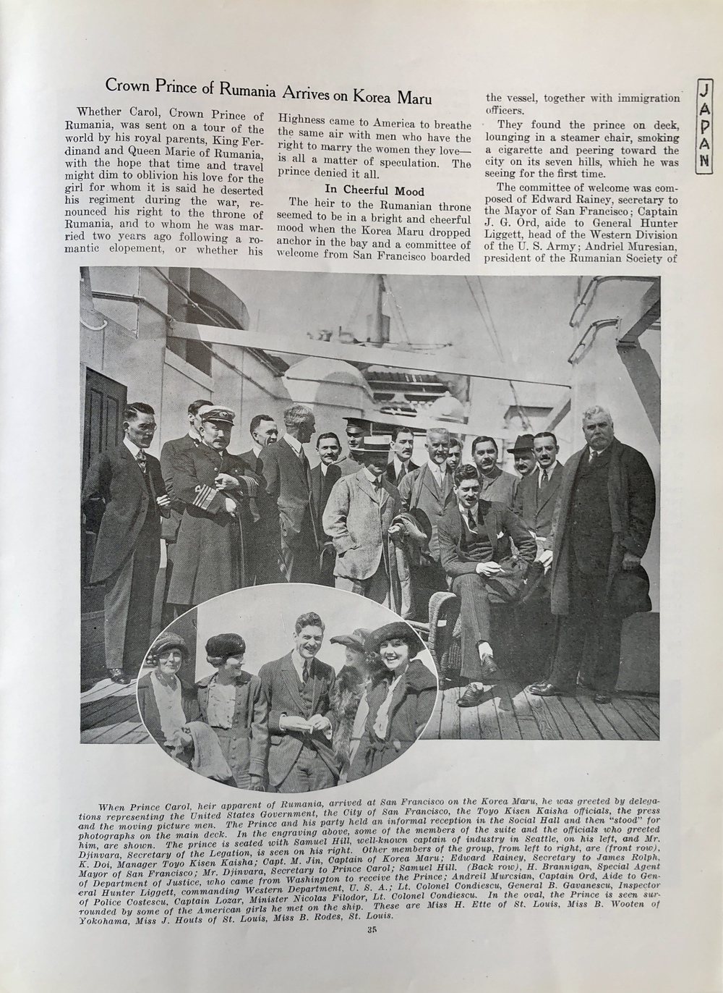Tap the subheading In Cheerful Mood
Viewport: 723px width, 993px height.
point(375,190)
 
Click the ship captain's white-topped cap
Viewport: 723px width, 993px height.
point(216,414)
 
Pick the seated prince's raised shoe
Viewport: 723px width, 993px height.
point(489,663)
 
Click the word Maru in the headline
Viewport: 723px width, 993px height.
point(413,96)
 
